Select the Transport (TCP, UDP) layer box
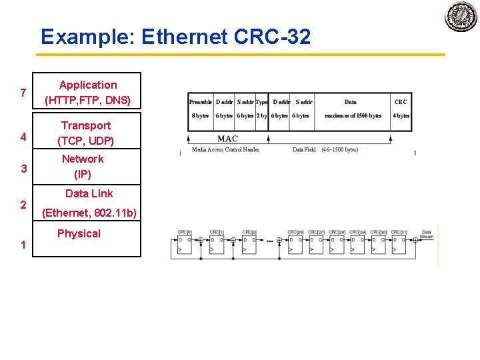pos(86,133)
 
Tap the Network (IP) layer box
pos(83,167)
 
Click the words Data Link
pos(89,193)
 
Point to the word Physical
pos(79,233)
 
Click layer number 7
pos(23,93)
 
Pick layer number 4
pos(23,137)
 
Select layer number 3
pos(23,169)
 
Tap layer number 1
pos(23,245)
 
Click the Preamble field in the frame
pos(201,109)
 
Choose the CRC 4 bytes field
pos(401,109)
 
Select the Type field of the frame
pos(261,109)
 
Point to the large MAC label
pos(227,139)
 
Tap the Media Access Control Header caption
pos(225,150)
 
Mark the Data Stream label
pos(427,235)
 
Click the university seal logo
pos(461,16)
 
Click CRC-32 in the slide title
pos(273,37)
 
